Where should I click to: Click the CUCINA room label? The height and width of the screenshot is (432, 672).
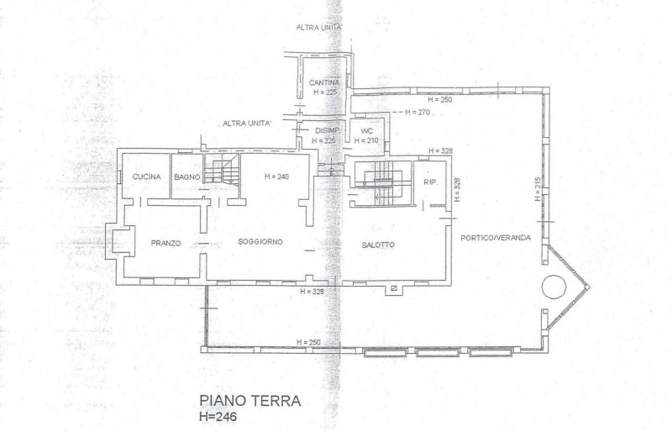pos(146,176)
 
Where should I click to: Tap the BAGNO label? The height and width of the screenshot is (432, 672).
pos(186,176)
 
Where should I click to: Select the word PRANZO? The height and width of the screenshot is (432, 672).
pos(166,243)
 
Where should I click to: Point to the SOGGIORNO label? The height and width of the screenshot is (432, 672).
pos(260,242)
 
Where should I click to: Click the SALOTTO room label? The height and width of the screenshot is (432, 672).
pos(378,245)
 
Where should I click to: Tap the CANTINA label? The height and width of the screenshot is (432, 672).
pos(324,82)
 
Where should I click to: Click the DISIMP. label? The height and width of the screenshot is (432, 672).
pos(327,131)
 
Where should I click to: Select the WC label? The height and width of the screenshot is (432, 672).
pos(366,131)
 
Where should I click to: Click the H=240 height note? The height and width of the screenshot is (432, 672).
pos(276,177)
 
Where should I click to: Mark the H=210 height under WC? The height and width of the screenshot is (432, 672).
pos(366,141)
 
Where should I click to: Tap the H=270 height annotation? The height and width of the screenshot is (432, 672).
pos(417,112)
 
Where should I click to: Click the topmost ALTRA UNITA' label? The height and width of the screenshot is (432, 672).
pos(319,28)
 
